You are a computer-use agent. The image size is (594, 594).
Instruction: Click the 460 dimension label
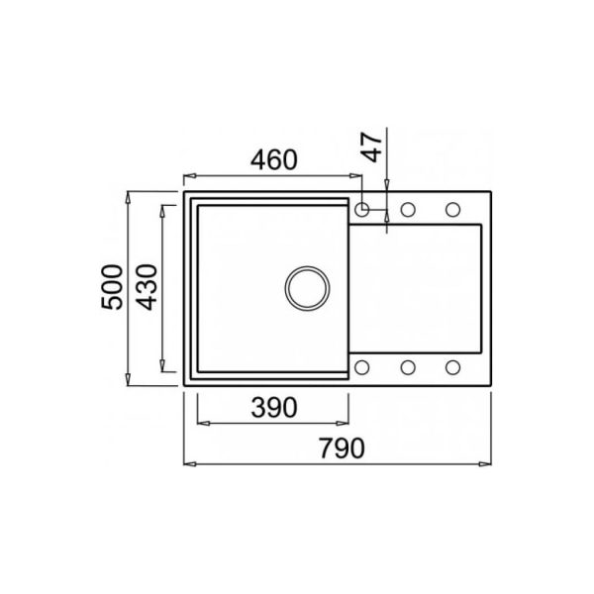coord(274,159)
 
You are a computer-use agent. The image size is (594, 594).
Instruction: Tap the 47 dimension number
coord(371,147)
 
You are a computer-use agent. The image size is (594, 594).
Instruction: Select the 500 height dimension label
coord(112,287)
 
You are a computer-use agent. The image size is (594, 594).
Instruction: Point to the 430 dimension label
coord(147,287)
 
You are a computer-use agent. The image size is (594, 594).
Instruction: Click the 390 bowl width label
coord(274,408)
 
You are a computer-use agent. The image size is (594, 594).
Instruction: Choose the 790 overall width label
coord(342,448)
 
